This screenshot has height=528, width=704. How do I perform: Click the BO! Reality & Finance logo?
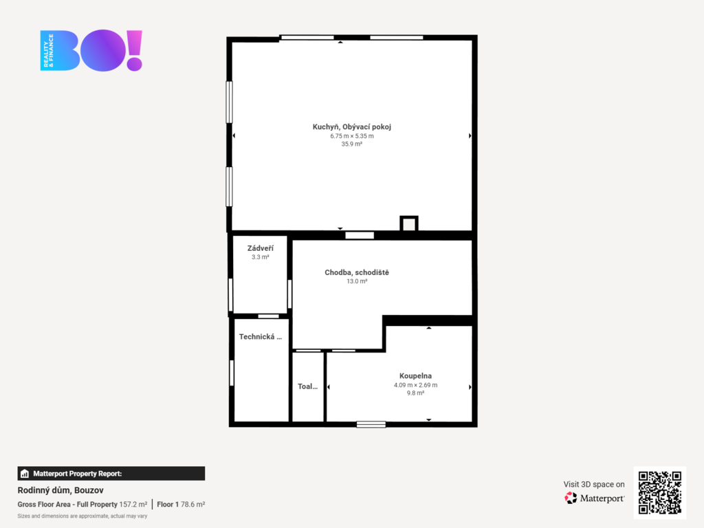[91, 50]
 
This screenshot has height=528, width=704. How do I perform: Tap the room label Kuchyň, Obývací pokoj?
[351, 126]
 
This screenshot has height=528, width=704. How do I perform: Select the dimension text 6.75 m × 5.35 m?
[351, 135]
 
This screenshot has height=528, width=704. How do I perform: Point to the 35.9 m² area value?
[351, 144]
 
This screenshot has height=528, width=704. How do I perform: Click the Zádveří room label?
[260, 248]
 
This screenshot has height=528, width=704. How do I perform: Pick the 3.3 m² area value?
[260, 257]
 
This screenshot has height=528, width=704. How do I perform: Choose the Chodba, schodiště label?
[357, 272]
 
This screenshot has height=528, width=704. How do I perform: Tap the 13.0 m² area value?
[357, 281]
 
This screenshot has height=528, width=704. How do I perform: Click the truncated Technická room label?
[261, 336]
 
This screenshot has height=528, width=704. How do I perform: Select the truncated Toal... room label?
[307, 386]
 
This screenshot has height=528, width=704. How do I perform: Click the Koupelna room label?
[415, 376]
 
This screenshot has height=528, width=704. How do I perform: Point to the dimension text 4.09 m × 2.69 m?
[415, 385]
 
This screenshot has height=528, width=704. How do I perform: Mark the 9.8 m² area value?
[415, 393]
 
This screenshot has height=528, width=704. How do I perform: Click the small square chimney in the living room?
[409, 223]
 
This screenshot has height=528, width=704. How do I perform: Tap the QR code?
[659, 492]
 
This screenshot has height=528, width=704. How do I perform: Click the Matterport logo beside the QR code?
[594, 498]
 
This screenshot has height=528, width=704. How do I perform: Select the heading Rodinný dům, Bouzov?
[60, 490]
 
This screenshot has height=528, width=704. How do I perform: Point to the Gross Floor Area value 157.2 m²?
[133, 504]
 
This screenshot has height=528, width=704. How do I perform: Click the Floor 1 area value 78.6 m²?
[192, 504]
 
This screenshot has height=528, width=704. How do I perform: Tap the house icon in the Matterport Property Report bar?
[25, 473]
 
